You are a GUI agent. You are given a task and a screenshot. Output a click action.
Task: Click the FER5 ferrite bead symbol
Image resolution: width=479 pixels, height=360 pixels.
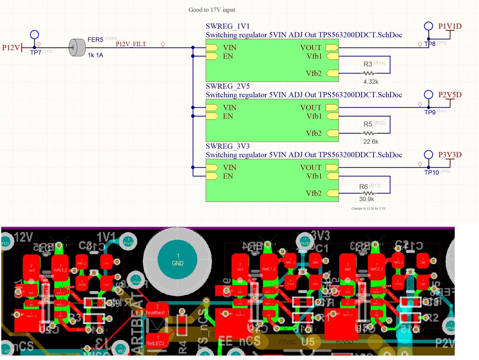(x=77, y=47)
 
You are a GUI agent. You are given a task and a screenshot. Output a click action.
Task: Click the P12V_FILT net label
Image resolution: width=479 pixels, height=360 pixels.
(x=131, y=44)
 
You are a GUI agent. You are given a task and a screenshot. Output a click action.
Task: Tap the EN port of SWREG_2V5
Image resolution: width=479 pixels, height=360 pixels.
(x=212, y=116)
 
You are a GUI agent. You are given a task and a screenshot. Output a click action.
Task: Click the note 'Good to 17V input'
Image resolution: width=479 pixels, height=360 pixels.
(x=214, y=10)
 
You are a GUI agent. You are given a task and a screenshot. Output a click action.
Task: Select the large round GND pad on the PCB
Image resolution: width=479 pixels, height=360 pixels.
(x=178, y=259)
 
